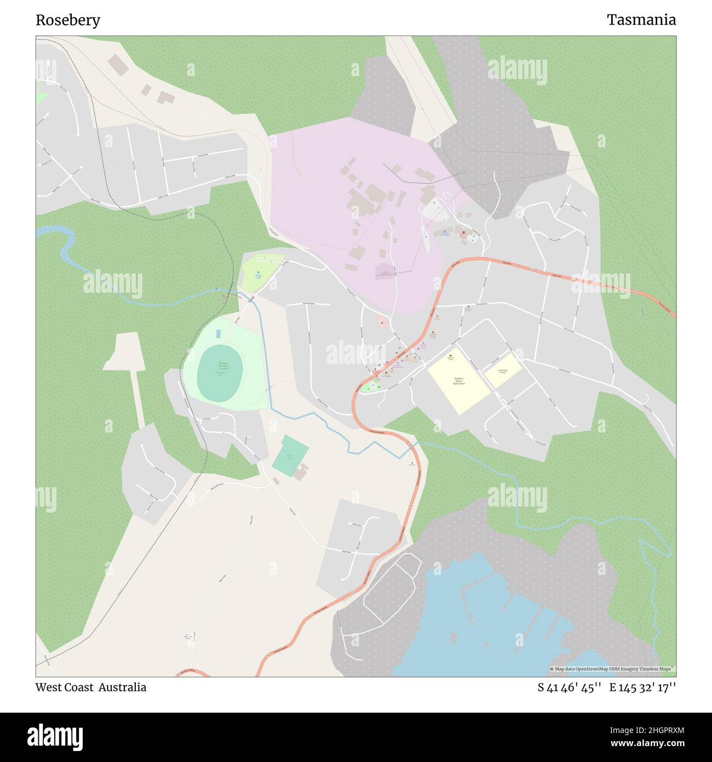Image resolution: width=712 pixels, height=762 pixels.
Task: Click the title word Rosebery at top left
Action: point(68,20)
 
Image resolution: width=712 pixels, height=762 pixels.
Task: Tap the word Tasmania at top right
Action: point(641,20)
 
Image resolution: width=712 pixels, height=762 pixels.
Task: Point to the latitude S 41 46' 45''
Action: point(570,687)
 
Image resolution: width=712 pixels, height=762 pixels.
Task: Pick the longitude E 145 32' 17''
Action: point(642,687)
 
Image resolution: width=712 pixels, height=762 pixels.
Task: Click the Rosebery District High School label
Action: point(458,380)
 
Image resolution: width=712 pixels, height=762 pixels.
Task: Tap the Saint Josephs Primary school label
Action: point(502,371)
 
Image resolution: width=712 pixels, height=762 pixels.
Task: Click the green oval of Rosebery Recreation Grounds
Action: point(220,373)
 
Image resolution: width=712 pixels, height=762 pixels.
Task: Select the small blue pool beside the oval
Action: point(219,334)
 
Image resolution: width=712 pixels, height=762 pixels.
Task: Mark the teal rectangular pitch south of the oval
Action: point(290,456)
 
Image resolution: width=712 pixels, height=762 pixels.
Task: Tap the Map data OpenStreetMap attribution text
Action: point(612,669)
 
